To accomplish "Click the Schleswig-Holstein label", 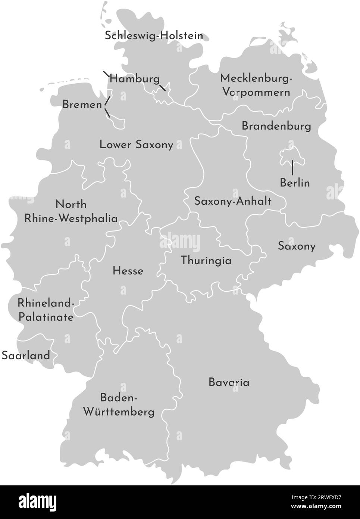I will [154, 36].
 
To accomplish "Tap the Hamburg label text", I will [135, 79].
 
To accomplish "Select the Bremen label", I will [82, 105].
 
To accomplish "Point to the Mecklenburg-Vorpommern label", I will [256, 85].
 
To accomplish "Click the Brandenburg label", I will [276, 126].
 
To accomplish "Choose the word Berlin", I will [295, 183].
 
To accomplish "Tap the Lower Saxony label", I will [136, 145].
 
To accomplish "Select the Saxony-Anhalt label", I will [233, 201].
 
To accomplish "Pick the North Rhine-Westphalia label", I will [71, 211].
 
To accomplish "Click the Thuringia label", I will [206, 261].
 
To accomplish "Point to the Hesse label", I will [128, 271].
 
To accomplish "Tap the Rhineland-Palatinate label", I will [46, 310].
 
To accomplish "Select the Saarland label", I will [26, 355].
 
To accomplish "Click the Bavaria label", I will [229, 382].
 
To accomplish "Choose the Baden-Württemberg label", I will [119, 405].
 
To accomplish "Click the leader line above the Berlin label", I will [292, 167].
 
